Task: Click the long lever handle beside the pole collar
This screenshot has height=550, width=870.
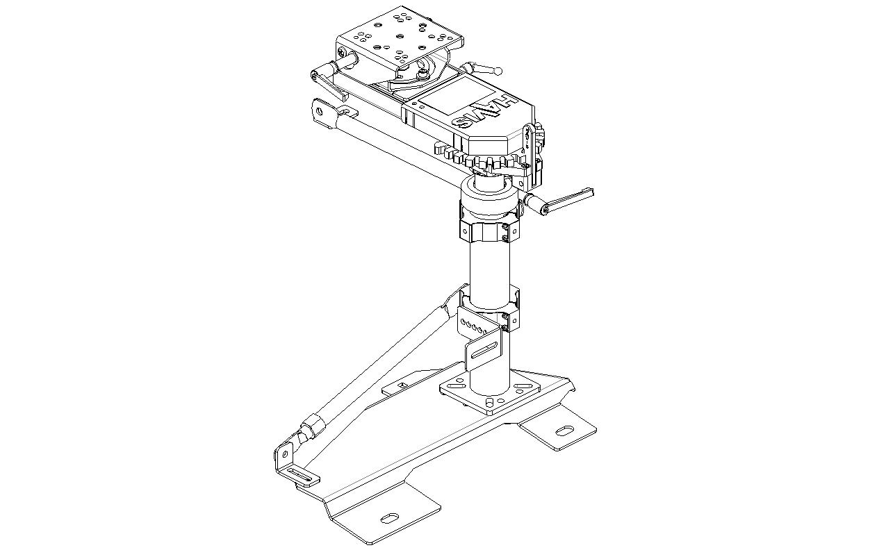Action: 559,201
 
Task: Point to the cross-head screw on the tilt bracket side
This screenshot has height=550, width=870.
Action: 341,51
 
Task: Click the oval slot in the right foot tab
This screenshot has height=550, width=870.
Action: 565,430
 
